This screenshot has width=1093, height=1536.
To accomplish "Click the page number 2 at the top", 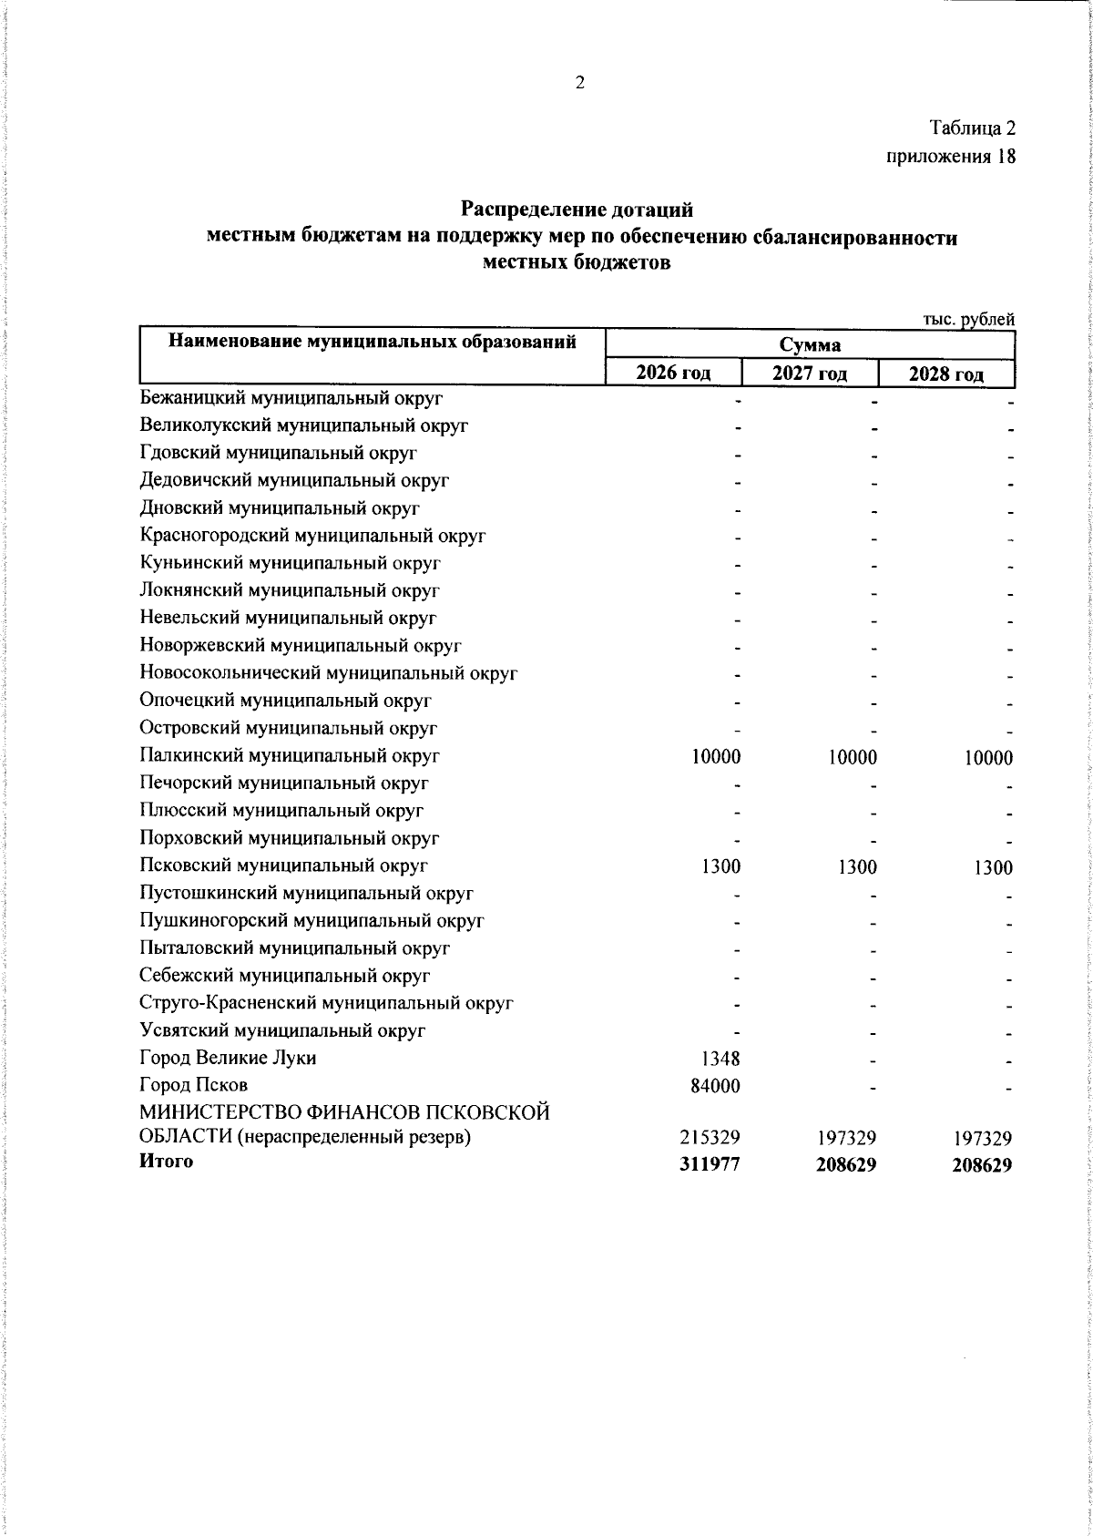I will pos(579,83).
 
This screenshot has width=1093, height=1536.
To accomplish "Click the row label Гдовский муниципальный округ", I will pos(279,453).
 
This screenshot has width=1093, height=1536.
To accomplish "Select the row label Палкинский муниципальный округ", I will pos(290,755).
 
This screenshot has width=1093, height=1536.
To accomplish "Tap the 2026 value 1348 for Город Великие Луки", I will pos(720,1059).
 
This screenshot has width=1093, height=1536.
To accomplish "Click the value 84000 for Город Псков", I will pos(715,1086).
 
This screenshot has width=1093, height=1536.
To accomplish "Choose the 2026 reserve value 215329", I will pos(710,1138).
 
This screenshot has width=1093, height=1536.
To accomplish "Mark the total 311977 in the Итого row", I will pos(710,1164).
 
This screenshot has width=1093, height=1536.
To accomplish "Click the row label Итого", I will pos(166,1162).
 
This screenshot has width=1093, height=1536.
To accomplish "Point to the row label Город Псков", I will pos(193,1086).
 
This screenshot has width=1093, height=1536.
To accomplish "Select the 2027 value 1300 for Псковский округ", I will pos(857,867).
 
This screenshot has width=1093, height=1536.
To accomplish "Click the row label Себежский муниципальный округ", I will pos(284,976).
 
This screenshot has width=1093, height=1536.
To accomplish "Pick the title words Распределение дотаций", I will pos(577,210).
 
